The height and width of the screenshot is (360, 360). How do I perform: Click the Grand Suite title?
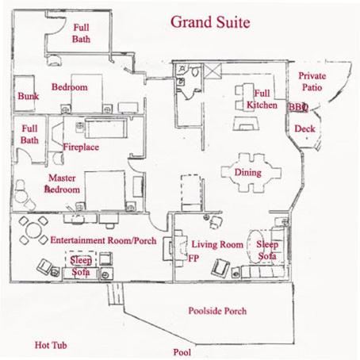click(210, 22)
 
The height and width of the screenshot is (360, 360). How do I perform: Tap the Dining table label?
click(248, 173)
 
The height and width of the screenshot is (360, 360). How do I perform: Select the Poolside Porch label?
click(217, 311)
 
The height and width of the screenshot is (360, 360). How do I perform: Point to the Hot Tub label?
click(51, 345)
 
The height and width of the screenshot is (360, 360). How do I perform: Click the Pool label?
click(182, 352)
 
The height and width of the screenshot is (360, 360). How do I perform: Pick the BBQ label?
click(298, 107)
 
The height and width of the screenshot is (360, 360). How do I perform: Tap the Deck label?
click(304, 128)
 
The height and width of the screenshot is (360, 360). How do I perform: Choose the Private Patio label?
click(312, 82)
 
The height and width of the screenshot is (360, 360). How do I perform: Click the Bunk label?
click(29, 96)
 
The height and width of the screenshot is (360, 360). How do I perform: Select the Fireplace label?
click(81, 147)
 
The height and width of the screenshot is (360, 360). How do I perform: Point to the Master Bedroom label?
click(62, 184)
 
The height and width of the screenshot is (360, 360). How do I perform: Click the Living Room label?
click(217, 244)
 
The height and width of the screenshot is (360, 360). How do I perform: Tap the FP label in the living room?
click(193, 258)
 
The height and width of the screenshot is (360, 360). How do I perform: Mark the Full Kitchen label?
click(262, 99)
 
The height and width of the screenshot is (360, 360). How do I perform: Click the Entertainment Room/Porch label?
click(103, 240)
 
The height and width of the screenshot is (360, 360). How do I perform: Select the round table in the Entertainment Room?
click(33, 230)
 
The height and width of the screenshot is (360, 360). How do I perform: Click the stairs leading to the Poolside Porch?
click(116, 293)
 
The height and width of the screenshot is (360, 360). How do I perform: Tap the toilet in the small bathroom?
click(196, 71)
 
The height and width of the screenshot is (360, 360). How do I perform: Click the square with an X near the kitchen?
click(213, 71)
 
